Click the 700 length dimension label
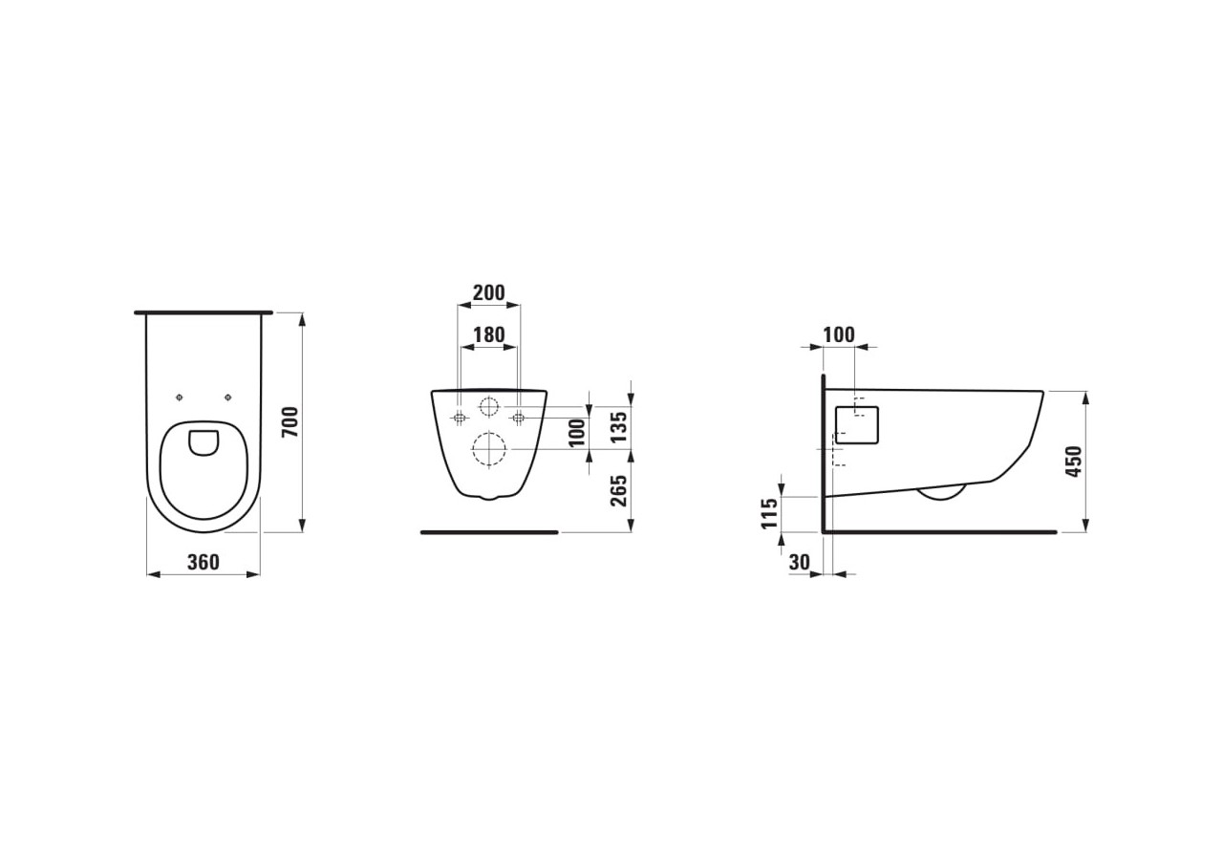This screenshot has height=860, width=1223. click(290, 421)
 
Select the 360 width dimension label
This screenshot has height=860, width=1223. click(203, 562)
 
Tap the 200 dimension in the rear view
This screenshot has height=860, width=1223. click(488, 292)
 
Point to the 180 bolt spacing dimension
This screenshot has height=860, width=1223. click(488, 335)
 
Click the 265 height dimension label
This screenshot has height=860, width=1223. click(618, 491)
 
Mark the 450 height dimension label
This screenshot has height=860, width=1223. click(1074, 462)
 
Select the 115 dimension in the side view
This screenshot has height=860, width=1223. click(769, 514)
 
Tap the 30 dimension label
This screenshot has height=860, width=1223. click(800, 563)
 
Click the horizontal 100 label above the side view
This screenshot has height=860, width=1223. click(838, 334)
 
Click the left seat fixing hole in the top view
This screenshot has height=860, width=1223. click(179, 398)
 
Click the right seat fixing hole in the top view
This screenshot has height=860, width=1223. click(227, 398)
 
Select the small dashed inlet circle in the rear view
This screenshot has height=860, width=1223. click(489, 406)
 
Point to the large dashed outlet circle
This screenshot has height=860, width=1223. click(488, 449)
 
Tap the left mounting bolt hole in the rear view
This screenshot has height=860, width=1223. click(460, 418)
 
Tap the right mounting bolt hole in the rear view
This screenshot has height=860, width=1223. click(518, 418)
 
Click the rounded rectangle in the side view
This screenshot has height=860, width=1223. click(856, 425)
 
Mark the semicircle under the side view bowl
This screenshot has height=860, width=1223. click(942, 492)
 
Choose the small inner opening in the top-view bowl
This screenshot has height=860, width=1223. click(204, 441)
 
